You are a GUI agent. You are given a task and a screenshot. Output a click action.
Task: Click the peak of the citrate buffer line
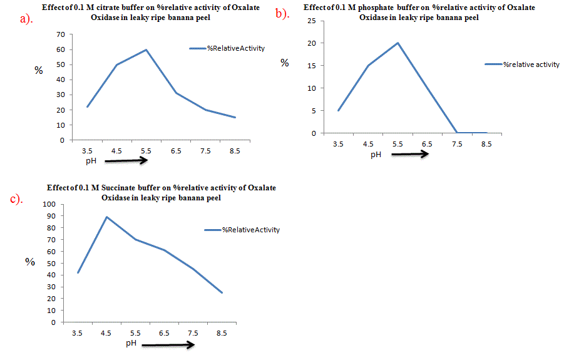click(x=146, y=49)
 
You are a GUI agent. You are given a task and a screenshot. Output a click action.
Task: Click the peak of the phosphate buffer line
click(x=397, y=43)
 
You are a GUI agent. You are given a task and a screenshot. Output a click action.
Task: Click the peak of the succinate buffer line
click(x=107, y=217)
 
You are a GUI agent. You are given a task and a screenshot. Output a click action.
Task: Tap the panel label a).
click(x=26, y=19)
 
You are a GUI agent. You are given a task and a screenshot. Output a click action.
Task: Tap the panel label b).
click(x=283, y=14)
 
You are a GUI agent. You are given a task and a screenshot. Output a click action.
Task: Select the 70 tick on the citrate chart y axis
click(x=61, y=34)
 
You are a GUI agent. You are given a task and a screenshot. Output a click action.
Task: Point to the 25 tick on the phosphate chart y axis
click(x=310, y=21)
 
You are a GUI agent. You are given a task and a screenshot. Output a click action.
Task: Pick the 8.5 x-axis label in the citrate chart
click(x=235, y=151)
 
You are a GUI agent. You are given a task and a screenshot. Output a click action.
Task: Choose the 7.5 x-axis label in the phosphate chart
click(x=457, y=144)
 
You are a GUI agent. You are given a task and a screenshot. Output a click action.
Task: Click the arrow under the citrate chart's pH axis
click(x=126, y=161)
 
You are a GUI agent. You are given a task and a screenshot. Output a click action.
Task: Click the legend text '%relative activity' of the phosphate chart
click(x=531, y=64)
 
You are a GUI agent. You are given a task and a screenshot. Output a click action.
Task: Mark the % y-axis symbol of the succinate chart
click(x=30, y=262)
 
